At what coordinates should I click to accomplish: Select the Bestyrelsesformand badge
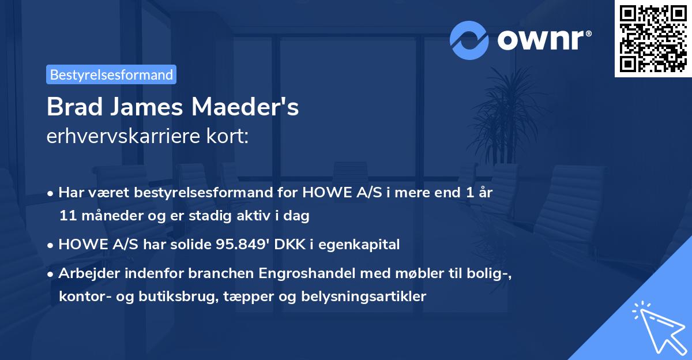pyautogui.click(x=111, y=74)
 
